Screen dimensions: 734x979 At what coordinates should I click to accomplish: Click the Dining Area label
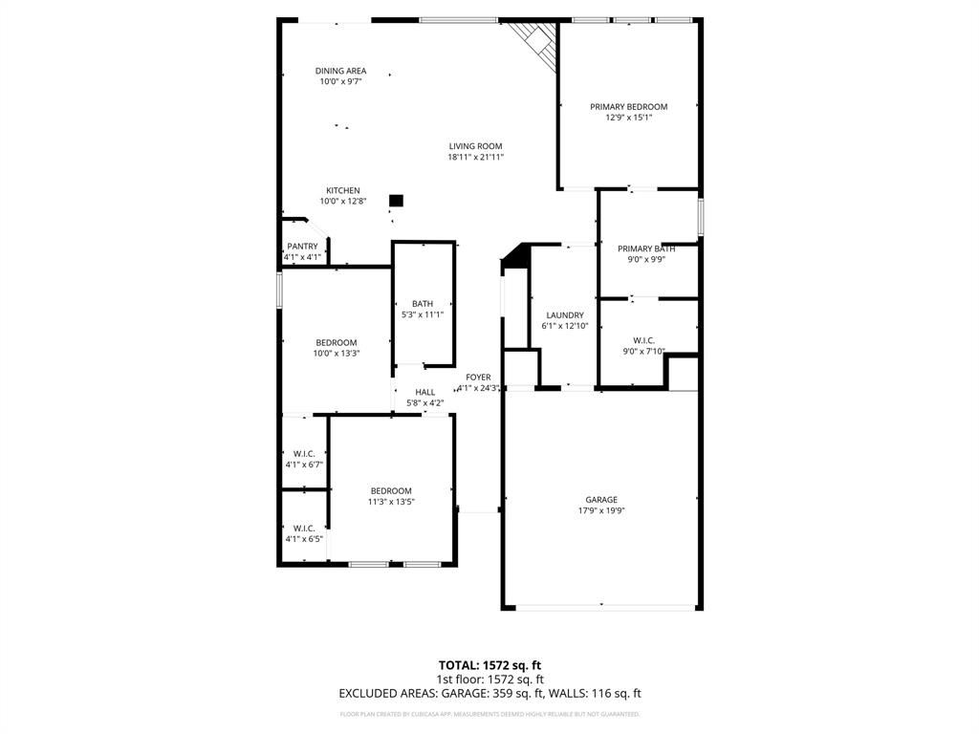click(340, 71)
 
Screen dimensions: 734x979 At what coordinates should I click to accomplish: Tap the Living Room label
click(475, 146)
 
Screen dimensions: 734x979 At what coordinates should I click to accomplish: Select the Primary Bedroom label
click(628, 107)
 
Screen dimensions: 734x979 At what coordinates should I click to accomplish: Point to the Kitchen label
click(342, 190)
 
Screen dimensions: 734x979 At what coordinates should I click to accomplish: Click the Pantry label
click(302, 247)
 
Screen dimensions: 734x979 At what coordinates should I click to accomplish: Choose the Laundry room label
click(564, 315)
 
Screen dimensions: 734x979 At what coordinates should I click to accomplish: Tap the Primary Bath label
click(646, 248)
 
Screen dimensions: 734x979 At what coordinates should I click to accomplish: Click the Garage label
click(601, 500)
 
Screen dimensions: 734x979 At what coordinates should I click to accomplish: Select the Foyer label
click(478, 378)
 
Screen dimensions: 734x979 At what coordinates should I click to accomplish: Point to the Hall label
click(424, 392)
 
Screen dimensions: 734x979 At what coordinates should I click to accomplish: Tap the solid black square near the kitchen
click(396, 201)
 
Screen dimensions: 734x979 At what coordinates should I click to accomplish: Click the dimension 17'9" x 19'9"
click(601, 510)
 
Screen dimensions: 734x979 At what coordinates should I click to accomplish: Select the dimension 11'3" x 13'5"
click(391, 502)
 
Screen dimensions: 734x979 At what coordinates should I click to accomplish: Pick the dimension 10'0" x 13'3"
click(337, 354)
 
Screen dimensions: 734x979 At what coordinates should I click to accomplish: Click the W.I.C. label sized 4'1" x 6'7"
click(304, 454)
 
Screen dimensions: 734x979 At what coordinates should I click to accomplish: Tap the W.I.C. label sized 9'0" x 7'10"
click(643, 340)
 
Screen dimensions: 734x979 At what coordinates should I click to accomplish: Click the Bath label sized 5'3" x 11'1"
click(423, 304)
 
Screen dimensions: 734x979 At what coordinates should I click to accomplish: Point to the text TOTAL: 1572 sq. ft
click(489, 665)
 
